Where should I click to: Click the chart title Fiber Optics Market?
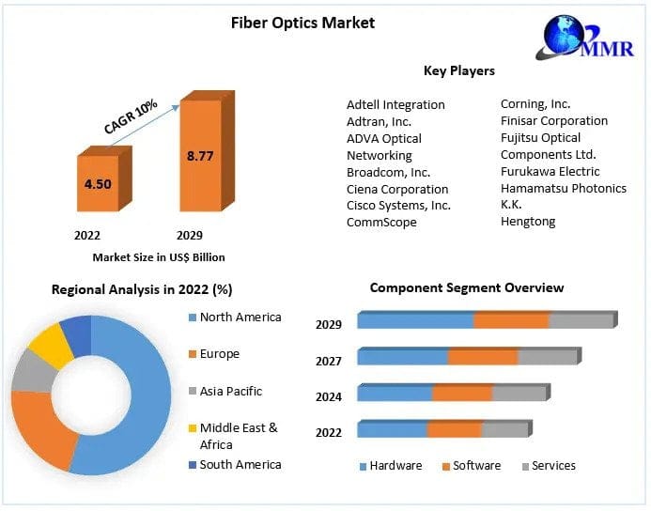pyautogui.click(x=302, y=23)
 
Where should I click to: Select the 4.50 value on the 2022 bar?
pyautogui.click(x=98, y=184)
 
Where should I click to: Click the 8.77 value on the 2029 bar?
pyautogui.click(x=200, y=156)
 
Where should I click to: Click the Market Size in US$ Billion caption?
pyautogui.click(x=159, y=256)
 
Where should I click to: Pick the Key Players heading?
pyautogui.click(x=459, y=70)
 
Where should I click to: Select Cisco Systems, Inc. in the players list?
pyautogui.click(x=398, y=205)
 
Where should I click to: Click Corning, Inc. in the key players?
pyautogui.click(x=535, y=104)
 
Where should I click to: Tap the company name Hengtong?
pyautogui.click(x=528, y=222)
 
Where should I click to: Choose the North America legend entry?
pyautogui.click(x=240, y=317)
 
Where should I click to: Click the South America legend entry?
pyautogui.click(x=240, y=464)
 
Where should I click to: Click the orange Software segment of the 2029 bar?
pyautogui.click(x=510, y=321)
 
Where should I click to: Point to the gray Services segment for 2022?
pyautogui.click(x=504, y=429)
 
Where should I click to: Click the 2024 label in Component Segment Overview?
pyautogui.click(x=329, y=396)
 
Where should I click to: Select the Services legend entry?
pyautogui.click(x=553, y=466)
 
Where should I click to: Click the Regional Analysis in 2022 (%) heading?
pyautogui.click(x=142, y=290)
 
